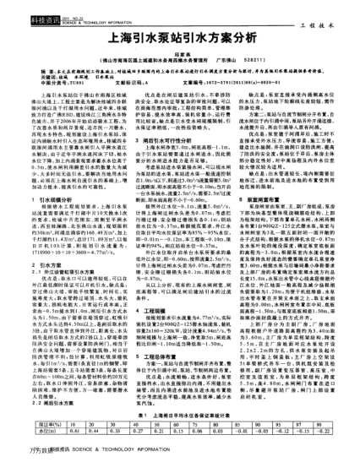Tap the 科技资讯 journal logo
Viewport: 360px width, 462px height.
(25, 6)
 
